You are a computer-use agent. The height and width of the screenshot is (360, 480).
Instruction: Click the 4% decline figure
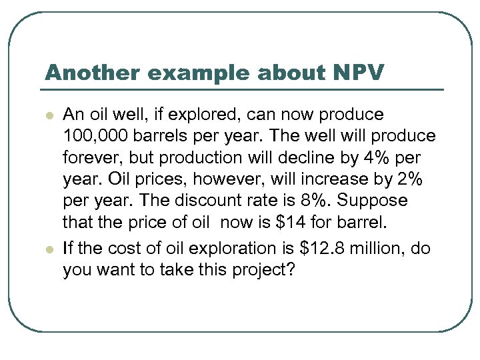[x=381, y=159]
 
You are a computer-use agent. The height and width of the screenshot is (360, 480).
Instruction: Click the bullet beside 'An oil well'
[x=49, y=115]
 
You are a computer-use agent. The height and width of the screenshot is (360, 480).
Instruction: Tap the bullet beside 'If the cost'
[x=49, y=249]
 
